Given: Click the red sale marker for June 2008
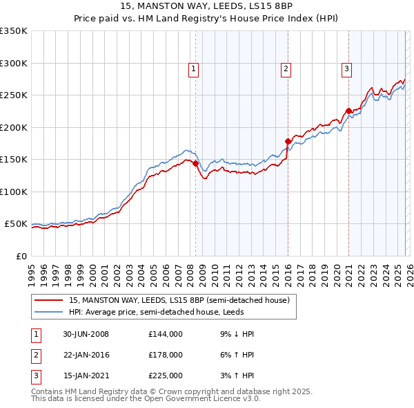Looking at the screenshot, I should click(195, 164).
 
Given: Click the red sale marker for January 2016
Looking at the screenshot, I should click(287, 141).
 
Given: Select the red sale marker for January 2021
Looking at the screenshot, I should click(348, 111).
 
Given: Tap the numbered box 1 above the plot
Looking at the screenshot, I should click(193, 68).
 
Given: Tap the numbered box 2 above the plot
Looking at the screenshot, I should click(285, 68).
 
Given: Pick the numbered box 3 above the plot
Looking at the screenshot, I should click(346, 68).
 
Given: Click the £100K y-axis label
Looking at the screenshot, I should click(14, 192).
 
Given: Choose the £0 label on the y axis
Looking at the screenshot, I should click(21, 256).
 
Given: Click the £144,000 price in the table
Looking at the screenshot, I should click(165, 334).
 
